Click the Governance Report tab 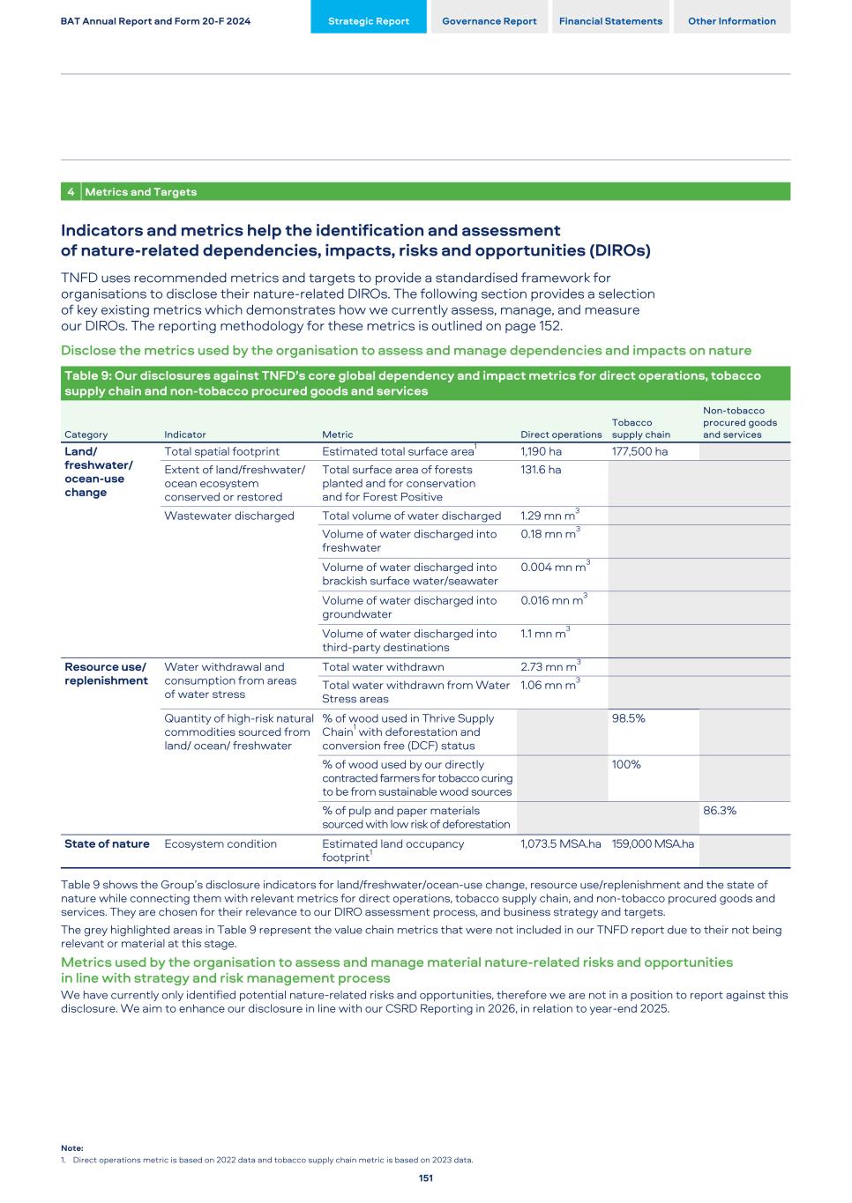489,21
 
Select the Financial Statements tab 610,21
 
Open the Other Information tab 731,21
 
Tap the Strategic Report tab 369,21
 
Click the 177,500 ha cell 639,452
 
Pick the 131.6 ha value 541,470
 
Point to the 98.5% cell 629,718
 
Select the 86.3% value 720,811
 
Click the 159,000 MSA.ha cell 653,844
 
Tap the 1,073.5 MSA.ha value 561,844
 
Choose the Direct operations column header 561,434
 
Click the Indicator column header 185,434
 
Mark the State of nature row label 107,844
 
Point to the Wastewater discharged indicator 229,516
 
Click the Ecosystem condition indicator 220,844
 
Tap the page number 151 426,1178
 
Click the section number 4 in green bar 71,192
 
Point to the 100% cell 626,765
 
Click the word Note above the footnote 72,1148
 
